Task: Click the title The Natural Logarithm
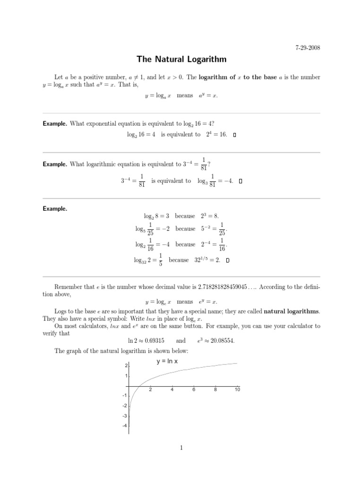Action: pyautogui.click(x=181, y=60)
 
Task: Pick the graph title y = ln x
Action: pyautogui.click(x=170, y=362)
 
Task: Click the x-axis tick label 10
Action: pyautogui.click(x=237, y=390)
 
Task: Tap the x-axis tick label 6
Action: pyautogui.click(x=194, y=390)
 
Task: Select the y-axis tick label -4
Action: pyautogui.click(x=125, y=426)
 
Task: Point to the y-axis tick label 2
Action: pyautogui.click(x=126, y=366)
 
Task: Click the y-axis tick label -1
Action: pyautogui.click(x=125, y=396)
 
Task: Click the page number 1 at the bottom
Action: pyautogui.click(x=181, y=449)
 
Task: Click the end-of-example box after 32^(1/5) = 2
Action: pyautogui.click(x=228, y=260)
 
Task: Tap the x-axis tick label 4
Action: pyautogui.click(x=172, y=390)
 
